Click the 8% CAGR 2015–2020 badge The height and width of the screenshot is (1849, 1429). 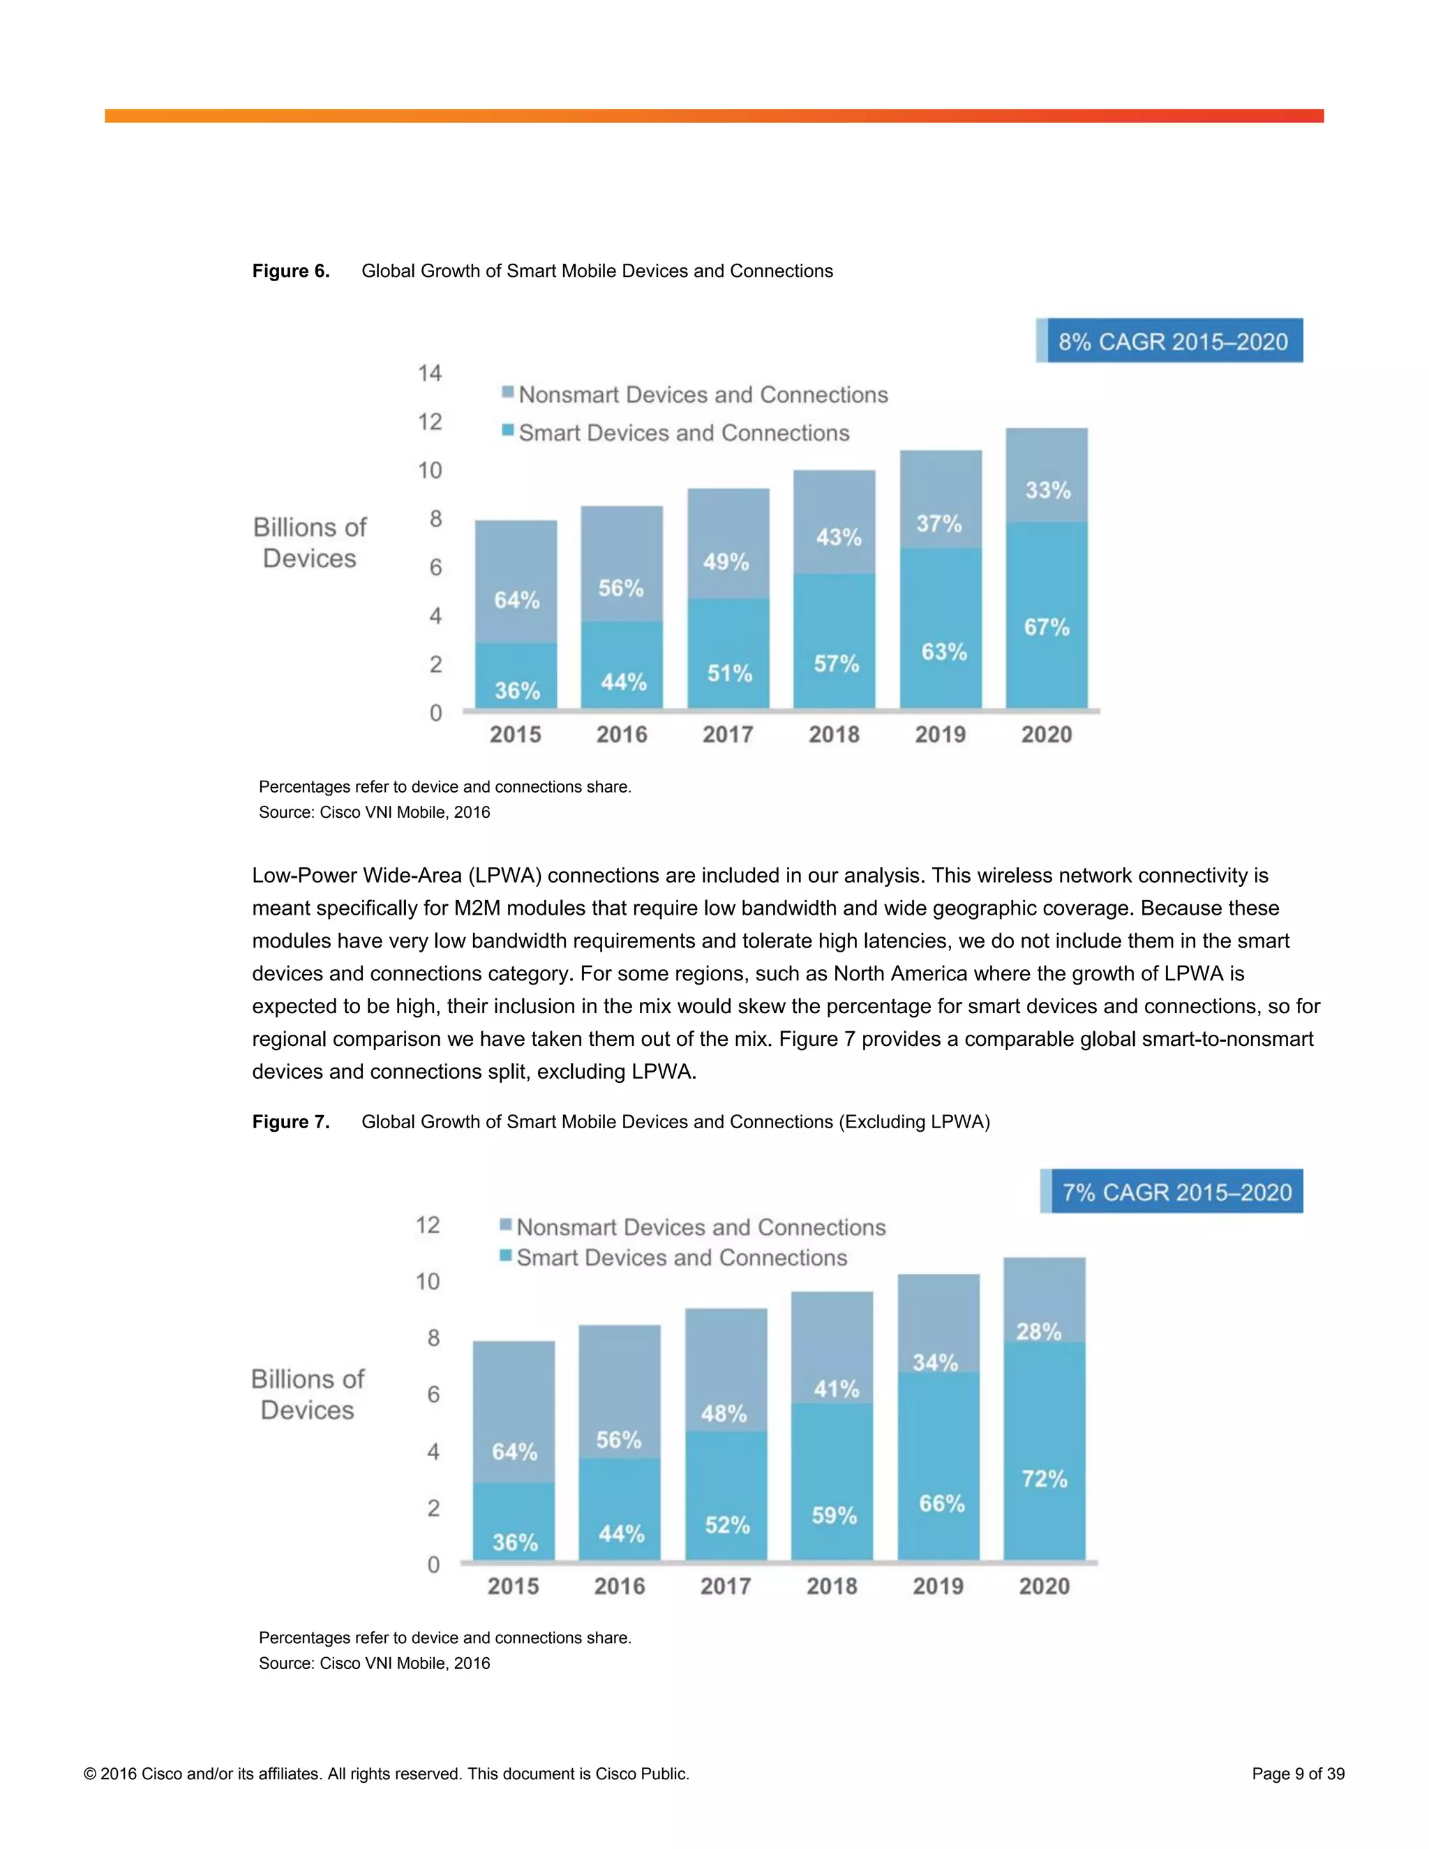(1172, 341)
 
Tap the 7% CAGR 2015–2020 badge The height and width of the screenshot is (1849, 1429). (1176, 1192)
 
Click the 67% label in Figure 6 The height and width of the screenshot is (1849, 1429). (1047, 627)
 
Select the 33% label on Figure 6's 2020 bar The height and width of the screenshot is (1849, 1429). (1048, 491)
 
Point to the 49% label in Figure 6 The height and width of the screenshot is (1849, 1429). (726, 562)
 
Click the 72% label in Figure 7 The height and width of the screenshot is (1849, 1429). (1045, 1479)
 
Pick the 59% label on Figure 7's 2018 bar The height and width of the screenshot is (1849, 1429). (834, 1515)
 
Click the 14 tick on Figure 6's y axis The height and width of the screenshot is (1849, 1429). (430, 373)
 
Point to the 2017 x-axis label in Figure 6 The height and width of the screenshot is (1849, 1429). (728, 735)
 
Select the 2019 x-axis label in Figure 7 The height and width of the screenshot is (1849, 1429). (938, 1587)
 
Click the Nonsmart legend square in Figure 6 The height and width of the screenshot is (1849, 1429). (508, 392)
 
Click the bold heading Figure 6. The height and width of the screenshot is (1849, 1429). (290, 271)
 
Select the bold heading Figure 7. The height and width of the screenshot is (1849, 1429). (290, 1122)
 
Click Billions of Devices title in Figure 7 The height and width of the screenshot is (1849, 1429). (307, 1394)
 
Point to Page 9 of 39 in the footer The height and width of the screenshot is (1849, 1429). (1298, 1774)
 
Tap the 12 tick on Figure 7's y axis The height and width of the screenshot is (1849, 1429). (428, 1225)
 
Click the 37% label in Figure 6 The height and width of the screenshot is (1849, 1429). (939, 524)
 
